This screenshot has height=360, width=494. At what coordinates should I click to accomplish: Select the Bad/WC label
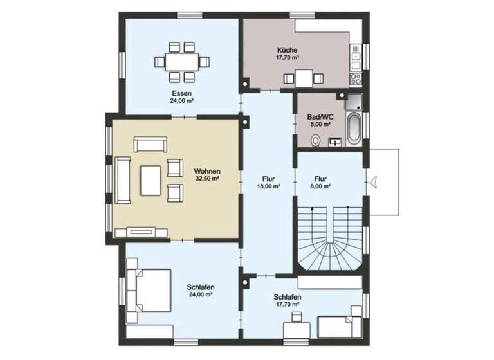click(319, 117)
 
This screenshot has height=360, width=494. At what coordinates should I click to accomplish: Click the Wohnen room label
click(208, 171)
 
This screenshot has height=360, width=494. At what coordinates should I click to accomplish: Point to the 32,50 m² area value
click(208, 179)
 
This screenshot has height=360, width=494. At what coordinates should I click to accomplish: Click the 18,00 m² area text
click(268, 186)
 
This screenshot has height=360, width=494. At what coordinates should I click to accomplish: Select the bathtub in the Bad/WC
click(354, 127)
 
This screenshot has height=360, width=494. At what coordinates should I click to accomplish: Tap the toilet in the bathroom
click(315, 140)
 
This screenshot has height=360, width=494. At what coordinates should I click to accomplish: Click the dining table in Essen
click(182, 62)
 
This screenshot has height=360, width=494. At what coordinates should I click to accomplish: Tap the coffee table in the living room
click(151, 179)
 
